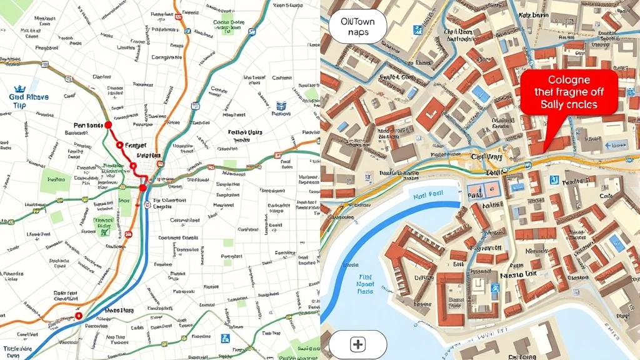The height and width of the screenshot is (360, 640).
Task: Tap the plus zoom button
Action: (357, 344)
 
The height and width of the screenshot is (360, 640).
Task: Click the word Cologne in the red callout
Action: (568, 80)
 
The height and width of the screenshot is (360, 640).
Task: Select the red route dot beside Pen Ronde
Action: (108, 125)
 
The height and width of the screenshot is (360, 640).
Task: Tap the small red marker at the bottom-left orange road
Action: (79, 316)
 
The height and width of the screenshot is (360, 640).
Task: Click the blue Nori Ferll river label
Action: (428, 195)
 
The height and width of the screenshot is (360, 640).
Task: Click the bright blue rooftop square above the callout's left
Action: (481, 93)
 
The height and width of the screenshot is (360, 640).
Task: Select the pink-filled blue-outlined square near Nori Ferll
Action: (484, 191)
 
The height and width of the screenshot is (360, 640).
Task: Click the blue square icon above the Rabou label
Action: (281, 106)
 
